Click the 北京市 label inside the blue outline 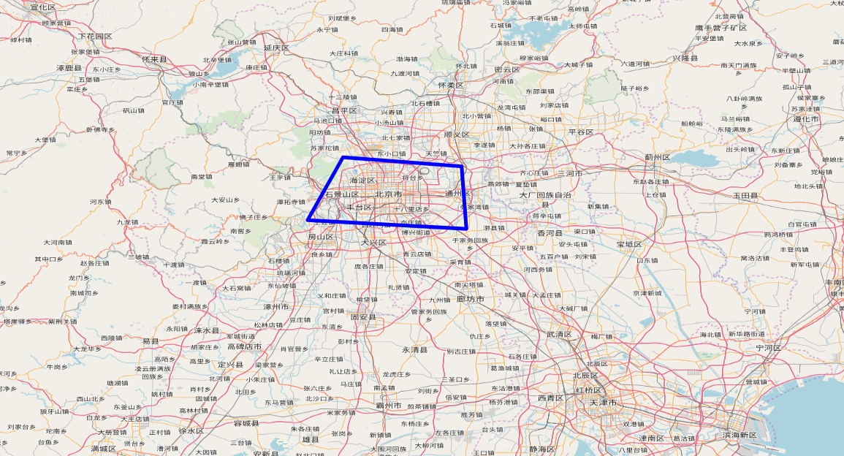[387, 195]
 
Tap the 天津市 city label [603, 403]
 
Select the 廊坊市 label [471, 299]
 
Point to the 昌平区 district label [343, 110]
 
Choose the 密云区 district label [506, 70]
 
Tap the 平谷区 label [582, 132]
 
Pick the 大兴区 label [373, 243]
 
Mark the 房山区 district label [320, 237]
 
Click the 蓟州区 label [657, 158]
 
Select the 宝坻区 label [628, 244]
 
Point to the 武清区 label [558, 334]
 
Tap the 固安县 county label [363, 318]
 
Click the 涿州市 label [276, 306]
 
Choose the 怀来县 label [154, 59]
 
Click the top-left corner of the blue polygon [343, 157]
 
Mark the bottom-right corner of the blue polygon [466, 228]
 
